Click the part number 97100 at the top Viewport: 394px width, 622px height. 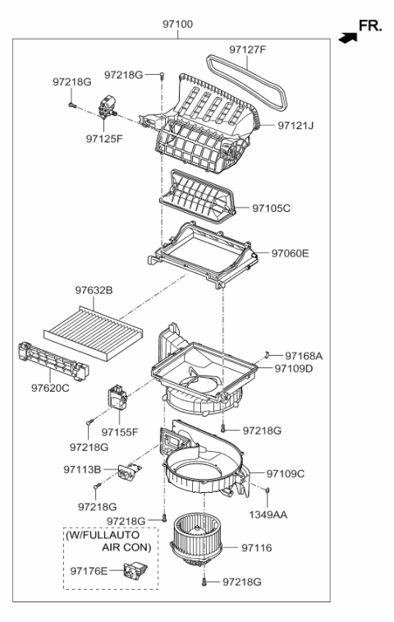(177, 25)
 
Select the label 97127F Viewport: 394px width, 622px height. (248, 50)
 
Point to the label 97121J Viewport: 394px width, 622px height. (296, 126)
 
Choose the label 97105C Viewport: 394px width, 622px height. (271, 209)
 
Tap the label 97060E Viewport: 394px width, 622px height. (291, 253)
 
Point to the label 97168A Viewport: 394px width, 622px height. (305, 356)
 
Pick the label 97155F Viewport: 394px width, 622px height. (120, 431)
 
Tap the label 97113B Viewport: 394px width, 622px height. (82, 469)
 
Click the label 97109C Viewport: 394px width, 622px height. (286, 473)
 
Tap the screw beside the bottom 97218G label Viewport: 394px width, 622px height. (203, 582)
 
